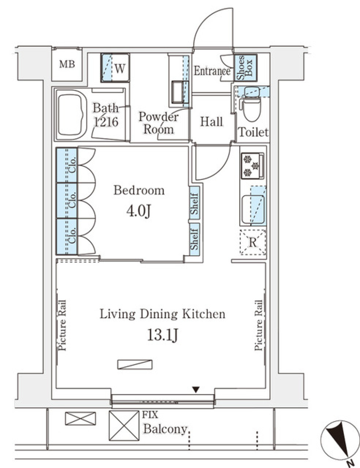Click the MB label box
tap(67, 64)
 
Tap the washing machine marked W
tap(115, 68)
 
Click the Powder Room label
tap(158, 123)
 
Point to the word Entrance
tap(212, 71)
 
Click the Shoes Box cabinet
tap(245, 67)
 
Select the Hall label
tap(211, 121)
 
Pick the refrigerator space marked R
tap(253, 242)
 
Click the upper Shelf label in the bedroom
tap(194, 204)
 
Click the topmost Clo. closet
tap(67, 165)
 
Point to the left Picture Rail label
tap(62, 325)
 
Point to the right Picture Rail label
tap(258, 325)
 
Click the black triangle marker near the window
tap(196, 390)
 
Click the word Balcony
tap(165, 429)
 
